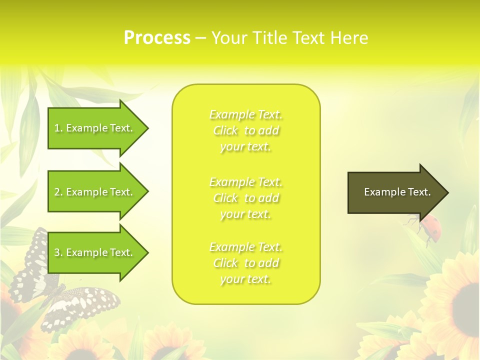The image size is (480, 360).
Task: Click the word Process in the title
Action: (x=157, y=38)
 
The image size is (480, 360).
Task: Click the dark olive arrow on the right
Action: (x=395, y=192)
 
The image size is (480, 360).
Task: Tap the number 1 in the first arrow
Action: (x=57, y=128)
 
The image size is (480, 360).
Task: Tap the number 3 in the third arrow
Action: (x=57, y=252)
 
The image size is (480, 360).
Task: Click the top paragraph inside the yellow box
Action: (x=245, y=130)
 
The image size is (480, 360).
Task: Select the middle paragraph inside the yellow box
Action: (x=245, y=198)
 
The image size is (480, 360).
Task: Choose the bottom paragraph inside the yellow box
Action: (x=245, y=263)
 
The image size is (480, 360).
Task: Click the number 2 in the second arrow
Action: (x=57, y=192)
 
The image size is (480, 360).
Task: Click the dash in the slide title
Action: (x=200, y=38)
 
